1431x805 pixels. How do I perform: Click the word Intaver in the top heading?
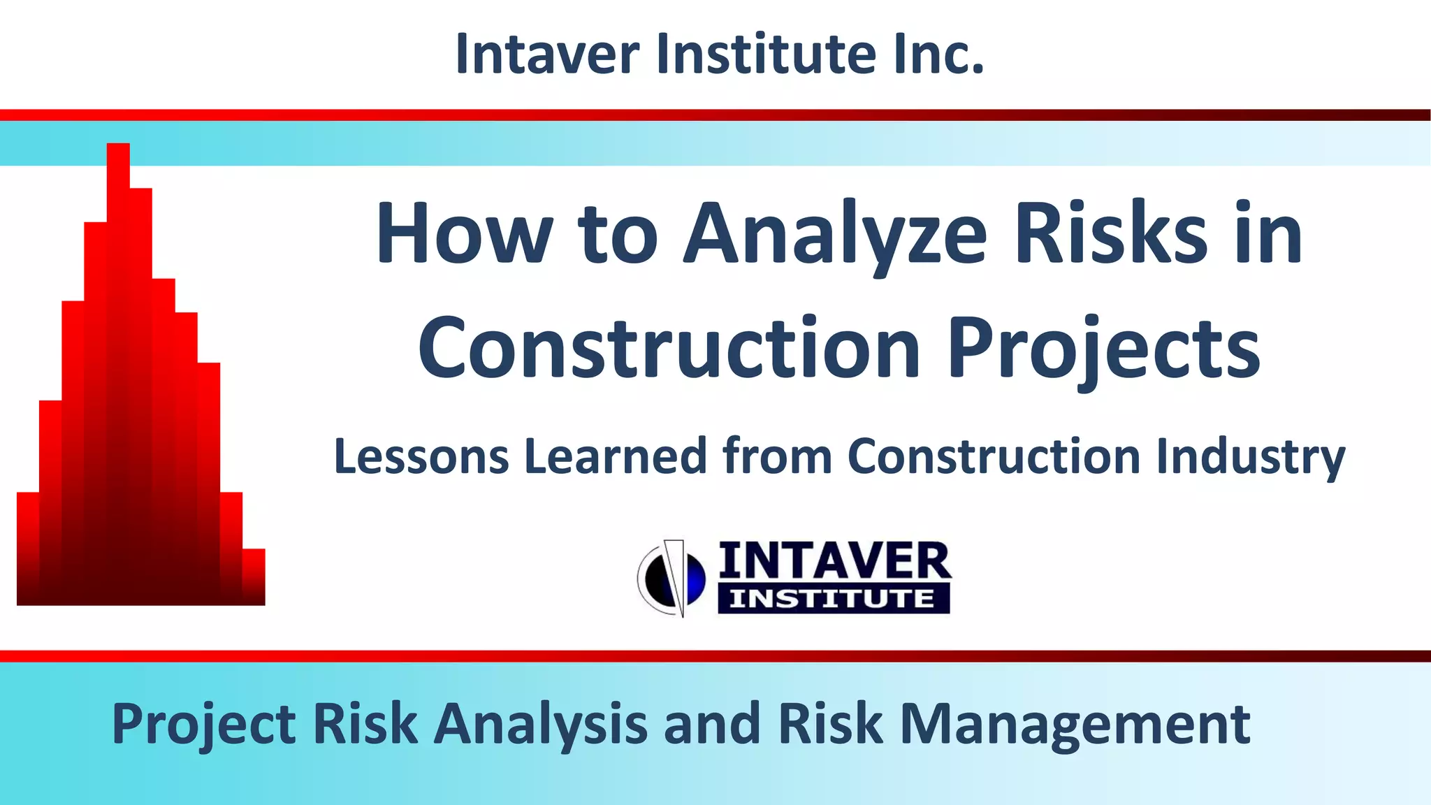[547, 55]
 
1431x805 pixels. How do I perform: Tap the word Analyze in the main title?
[834, 234]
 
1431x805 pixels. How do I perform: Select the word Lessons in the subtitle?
[421, 456]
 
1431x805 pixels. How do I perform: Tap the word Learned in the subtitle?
[616, 456]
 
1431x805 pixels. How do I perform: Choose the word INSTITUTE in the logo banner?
[832, 600]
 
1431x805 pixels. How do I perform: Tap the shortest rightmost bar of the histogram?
[254, 577]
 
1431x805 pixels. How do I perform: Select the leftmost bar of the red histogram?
[28, 549]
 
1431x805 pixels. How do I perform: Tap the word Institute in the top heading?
[766, 55]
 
